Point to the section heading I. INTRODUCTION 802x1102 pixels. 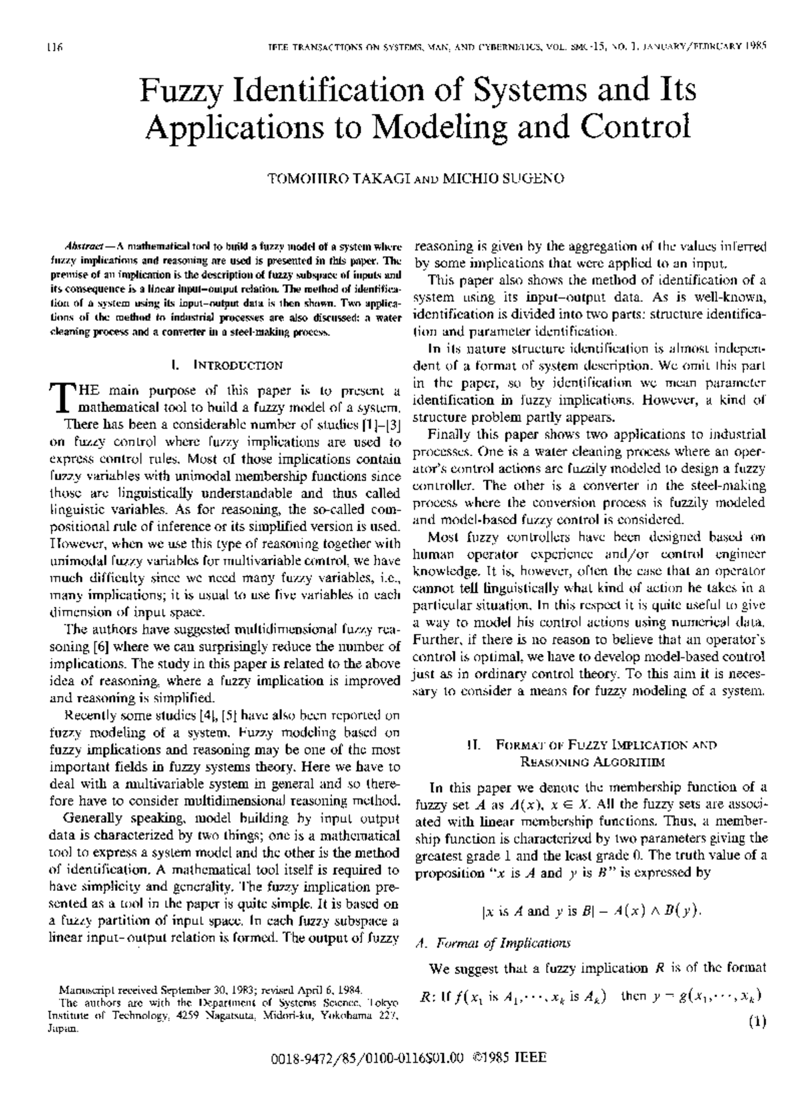227,365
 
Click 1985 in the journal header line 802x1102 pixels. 754,47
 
